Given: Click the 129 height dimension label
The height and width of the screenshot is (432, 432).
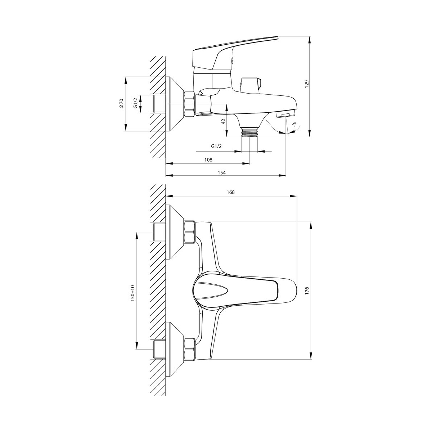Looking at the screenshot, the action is point(307,84).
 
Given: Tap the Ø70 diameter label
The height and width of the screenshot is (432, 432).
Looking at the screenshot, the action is point(121,103).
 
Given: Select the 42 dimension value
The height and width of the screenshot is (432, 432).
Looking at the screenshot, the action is point(223,122).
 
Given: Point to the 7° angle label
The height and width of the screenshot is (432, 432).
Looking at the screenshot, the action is point(294,125).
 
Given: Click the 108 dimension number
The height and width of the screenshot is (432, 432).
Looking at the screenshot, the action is point(208,159).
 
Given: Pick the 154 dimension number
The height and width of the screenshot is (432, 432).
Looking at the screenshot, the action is point(221,172).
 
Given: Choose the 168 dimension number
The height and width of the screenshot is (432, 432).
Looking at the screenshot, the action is point(230,192).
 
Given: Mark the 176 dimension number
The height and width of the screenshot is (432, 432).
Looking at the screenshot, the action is point(307,291).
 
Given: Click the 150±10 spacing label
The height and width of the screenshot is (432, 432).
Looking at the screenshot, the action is point(132,293).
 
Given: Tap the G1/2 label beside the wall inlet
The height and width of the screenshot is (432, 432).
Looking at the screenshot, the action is point(135,103).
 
